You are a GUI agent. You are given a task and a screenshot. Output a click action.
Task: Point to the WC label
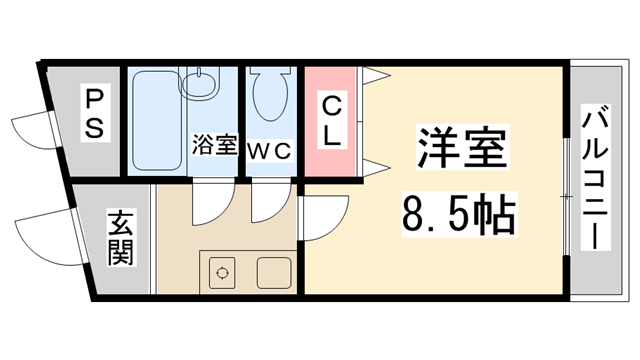269,150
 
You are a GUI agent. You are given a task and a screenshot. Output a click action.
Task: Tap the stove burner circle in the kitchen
222,270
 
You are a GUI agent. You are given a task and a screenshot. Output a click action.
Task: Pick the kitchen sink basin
272,270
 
